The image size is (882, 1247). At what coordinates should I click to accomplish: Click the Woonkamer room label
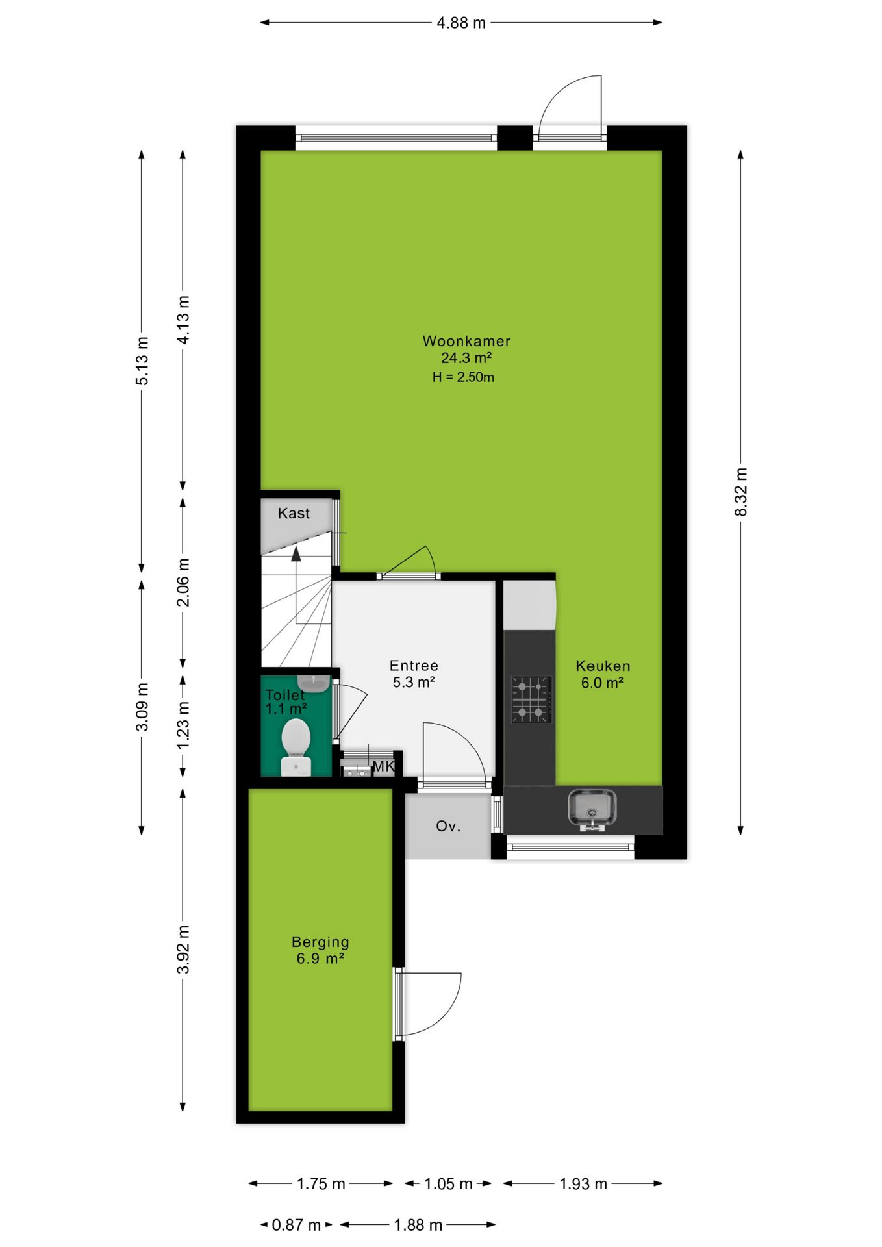[466, 341]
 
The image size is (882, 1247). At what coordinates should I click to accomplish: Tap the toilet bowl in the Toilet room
[296, 746]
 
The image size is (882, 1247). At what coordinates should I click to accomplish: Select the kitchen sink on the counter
[592, 809]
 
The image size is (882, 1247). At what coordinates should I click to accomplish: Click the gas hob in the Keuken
[531, 699]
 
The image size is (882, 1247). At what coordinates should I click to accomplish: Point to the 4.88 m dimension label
[461, 23]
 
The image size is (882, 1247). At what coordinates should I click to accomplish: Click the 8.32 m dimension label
[741, 492]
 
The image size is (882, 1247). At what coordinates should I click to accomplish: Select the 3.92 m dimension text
[183, 950]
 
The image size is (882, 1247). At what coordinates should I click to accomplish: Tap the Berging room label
[320, 942]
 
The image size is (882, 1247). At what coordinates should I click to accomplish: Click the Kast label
[294, 513]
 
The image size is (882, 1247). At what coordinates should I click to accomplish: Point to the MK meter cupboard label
[383, 766]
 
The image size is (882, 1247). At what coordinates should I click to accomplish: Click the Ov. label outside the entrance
[448, 826]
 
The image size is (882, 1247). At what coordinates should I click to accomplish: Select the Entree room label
[414, 666]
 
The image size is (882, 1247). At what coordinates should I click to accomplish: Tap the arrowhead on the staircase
[296, 553]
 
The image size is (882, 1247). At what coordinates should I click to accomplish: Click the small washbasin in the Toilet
[314, 683]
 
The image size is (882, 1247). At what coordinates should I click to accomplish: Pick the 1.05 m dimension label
[448, 1183]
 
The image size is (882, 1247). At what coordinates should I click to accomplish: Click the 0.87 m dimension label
[296, 1225]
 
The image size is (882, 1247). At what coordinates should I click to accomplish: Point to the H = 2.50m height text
[463, 377]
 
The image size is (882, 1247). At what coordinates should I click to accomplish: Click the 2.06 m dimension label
[184, 582]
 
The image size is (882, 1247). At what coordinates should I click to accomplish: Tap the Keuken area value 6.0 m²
[602, 683]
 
